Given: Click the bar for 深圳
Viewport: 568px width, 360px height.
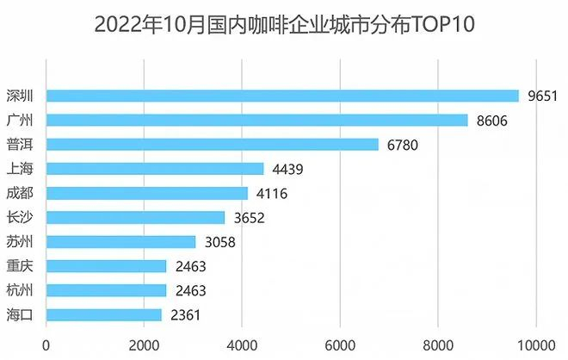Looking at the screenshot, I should pyautogui.click(x=282, y=96).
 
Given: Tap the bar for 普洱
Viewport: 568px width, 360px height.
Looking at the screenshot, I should pyautogui.click(x=212, y=144).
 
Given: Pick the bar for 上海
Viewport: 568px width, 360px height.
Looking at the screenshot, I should pyautogui.click(x=155, y=169).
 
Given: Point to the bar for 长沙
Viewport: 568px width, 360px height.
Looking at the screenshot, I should pyautogui.click(x=135, y=218).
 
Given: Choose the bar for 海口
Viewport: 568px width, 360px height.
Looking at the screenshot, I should pyautogui.click(x=103, y=315).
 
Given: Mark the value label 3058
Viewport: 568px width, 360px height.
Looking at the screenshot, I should pyautogui.click(x=219, y=242).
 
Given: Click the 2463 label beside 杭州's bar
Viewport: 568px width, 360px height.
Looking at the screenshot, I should pyautogui.click(x=189, y=291).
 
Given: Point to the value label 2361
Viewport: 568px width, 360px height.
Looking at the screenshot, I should pyautogui.click(x=184, y=315).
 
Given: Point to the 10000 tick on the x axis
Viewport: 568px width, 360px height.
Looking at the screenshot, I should pyautogui.click(x=536, y=345).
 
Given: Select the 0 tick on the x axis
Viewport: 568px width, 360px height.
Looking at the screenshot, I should pyautogui.click(x=46, y=345).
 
